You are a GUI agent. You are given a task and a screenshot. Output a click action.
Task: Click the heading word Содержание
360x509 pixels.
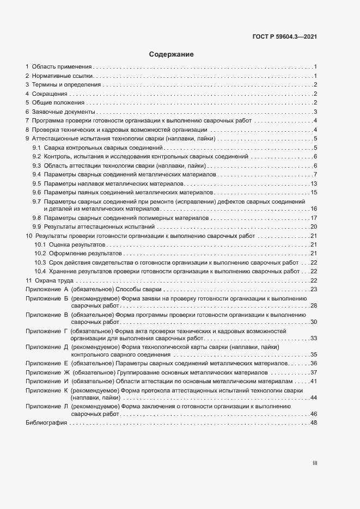click(171, 54)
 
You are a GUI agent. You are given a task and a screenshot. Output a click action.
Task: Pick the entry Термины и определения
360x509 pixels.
click(66, 84)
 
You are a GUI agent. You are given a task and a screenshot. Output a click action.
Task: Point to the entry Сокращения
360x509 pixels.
click(49, 94)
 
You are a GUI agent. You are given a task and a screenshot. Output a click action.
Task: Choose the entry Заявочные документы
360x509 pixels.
click(61, 112)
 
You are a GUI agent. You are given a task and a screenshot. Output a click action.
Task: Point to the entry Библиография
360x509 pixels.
click(46, 424)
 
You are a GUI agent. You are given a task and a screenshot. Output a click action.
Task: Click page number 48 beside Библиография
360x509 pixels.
click(314, 424)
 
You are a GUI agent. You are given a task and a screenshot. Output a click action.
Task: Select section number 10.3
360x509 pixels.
click(40, 262)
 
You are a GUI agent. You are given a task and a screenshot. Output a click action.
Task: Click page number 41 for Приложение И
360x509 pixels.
click(314, 381)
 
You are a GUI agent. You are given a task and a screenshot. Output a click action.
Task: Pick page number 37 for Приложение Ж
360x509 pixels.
click(314, 372)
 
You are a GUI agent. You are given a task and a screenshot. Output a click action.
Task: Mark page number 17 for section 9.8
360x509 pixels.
click(314, 218)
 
